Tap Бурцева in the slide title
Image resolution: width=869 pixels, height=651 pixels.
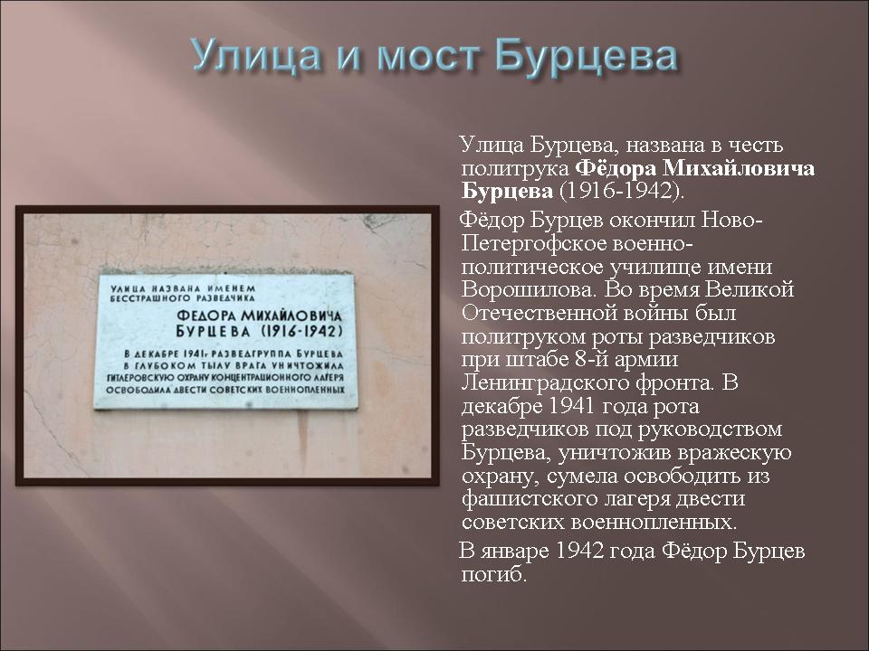coord(586,55)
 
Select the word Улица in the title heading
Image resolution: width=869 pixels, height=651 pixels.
coord(256,56)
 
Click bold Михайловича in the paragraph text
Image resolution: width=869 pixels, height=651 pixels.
coord(739,168)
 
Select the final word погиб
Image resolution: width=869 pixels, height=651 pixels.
coord(493,575)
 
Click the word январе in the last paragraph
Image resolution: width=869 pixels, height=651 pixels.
coord(515,552)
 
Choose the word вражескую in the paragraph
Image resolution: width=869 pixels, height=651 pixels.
coord(735,453)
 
